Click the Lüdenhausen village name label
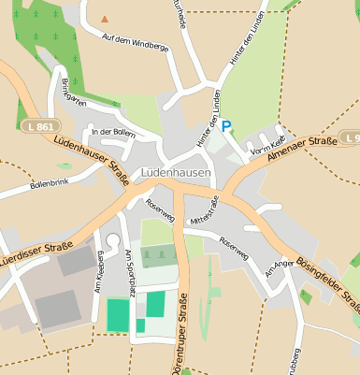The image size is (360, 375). coord(177,173)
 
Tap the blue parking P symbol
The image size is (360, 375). coord(225,126)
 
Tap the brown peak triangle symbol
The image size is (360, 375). coord(105,18)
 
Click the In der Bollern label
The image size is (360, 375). coord(113,132)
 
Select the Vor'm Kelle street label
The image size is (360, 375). coord(265,144)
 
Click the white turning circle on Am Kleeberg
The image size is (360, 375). coord(113,239)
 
